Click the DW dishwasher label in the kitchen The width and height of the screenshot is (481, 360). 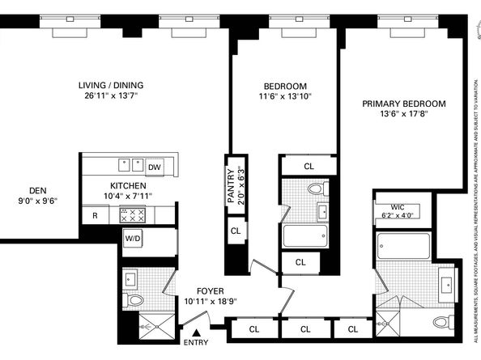[x=155, y=167]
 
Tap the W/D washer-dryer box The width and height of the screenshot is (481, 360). [x=133, y=238]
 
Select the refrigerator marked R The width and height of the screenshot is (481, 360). [x=95, y=215]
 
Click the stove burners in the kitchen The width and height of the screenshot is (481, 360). [x=133, y=215]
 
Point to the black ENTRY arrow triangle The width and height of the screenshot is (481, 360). [x=196, y=332]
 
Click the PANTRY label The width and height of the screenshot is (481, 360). [x=231, y=186]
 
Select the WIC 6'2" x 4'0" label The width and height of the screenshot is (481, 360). [x=398, y=211]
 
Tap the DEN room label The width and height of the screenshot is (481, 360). [x=38, y=191]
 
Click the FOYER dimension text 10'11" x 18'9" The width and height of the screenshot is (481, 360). [x=211, y=301]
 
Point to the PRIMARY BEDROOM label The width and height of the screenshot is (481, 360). [x=404, y=104]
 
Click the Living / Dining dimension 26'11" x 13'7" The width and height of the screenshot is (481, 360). [x=111, y=95]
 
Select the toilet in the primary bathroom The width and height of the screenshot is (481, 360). [x=444, y=322]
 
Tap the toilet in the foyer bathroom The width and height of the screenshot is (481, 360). [x=133, y=299]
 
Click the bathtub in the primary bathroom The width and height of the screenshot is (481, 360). [x=403, y=246]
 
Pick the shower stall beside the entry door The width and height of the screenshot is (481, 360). [x=157, y=326]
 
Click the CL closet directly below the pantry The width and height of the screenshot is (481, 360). [x=236, y=231]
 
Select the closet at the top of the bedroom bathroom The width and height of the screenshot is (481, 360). [x=309, y=166]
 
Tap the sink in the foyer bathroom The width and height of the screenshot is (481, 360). [x=130, y=279]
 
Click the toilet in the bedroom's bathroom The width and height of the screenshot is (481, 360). [x=318, y=188]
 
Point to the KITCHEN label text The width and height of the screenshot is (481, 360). [x=128, y=186]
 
